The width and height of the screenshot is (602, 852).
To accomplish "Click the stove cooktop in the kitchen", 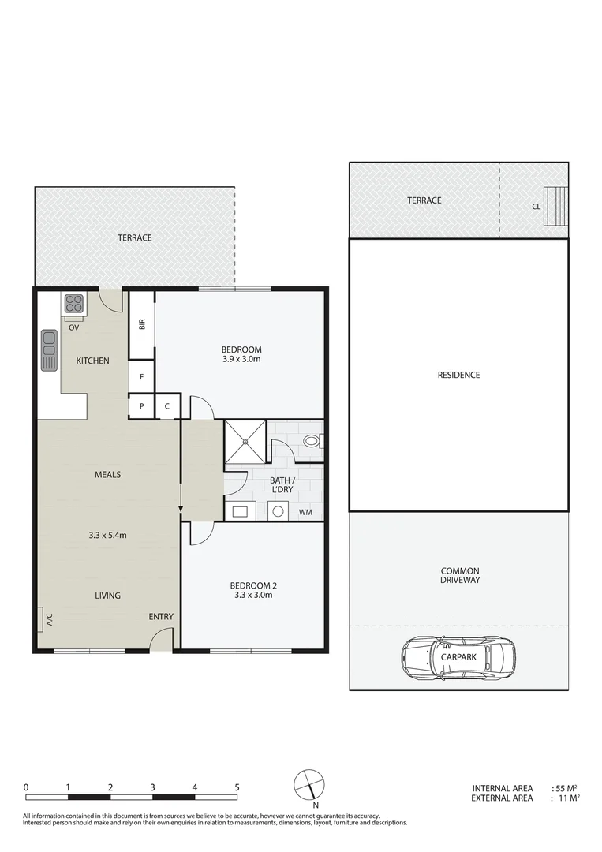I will [73, 304].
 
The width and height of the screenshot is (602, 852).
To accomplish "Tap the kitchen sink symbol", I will [49, 349].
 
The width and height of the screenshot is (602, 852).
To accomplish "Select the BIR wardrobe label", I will [142, 324].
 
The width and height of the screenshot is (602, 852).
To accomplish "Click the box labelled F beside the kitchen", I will [141, 377].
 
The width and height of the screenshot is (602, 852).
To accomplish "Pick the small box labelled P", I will [141, 406].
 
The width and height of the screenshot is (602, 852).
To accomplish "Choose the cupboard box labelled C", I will [167, 406].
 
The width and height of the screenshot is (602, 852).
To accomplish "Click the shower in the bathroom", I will [246, 444].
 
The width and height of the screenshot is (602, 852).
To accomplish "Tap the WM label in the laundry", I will [305, 513].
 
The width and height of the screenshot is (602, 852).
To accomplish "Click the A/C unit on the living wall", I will [39, 620].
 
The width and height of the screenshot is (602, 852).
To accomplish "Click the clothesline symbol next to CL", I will [556, 207].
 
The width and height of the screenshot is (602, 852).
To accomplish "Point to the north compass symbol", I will [309, 785].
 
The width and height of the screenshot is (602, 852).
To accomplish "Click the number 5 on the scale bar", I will [236, 787].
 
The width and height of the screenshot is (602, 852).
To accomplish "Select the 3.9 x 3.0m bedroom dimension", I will [241, 360].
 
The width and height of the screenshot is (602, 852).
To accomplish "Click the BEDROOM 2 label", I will [252, 585].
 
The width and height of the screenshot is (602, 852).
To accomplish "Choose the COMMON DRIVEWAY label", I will [459, 575].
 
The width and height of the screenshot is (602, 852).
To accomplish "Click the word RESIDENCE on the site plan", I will [458, 375].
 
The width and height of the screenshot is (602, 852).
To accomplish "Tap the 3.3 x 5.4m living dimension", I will [108, 535].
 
